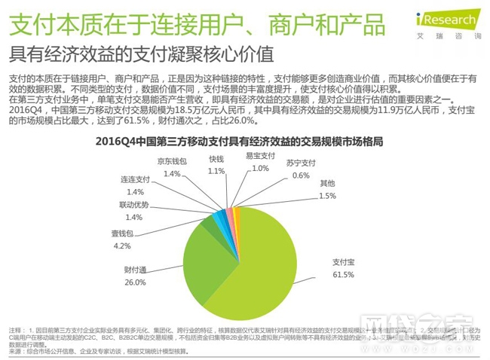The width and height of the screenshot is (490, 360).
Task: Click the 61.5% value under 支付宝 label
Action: [344, 274]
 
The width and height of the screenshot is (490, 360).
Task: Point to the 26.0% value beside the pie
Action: [135, 282]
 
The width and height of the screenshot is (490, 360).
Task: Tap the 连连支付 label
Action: [135, 181]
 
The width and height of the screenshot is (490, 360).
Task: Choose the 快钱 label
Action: [216, 160]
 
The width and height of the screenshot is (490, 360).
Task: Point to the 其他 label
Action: [327, 184]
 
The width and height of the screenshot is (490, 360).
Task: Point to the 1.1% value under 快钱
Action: [216, 171]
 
